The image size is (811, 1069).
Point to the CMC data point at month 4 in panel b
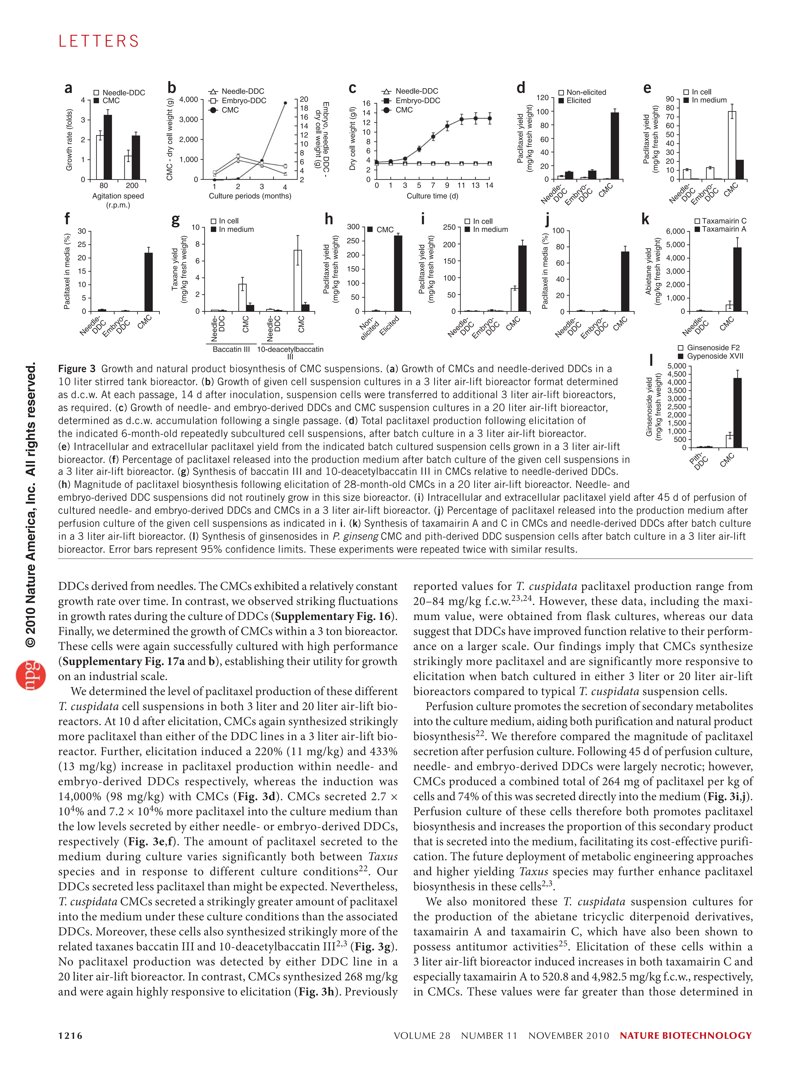tap(285, 103)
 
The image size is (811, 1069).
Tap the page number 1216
tap(70, 1036)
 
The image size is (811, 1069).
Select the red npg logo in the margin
tap(31, 675)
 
